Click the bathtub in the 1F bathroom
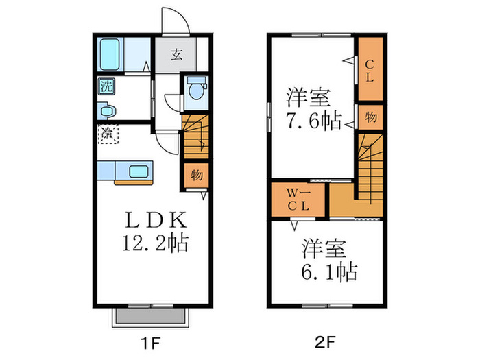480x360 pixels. pos(112,53)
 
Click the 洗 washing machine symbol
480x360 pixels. pos(106,86)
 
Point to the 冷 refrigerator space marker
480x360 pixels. pos(108,132)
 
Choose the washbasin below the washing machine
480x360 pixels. pos(106,110)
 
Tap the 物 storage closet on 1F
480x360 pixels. pos(195,175)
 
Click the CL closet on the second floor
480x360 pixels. pos(368,70)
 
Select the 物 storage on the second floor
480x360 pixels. pos(369,117)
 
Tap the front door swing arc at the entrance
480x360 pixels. pos(175,21)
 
